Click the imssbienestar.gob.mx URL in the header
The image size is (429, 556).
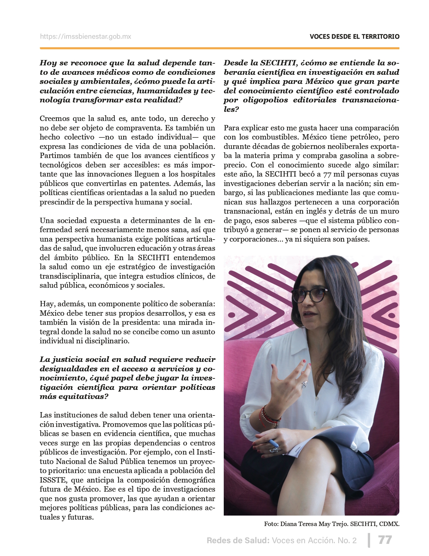point(85,37)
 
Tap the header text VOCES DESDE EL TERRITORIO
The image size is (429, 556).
point(355,37)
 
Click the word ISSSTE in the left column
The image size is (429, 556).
point(51,480)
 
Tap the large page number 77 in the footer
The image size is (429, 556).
point(385,540)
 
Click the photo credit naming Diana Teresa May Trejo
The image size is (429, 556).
point(332,524)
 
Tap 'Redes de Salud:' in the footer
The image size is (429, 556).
point(238,540)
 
